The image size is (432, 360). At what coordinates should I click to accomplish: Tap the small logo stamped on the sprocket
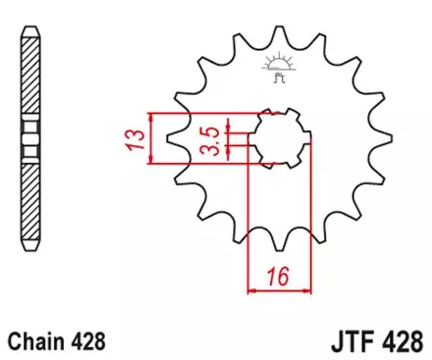279,66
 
